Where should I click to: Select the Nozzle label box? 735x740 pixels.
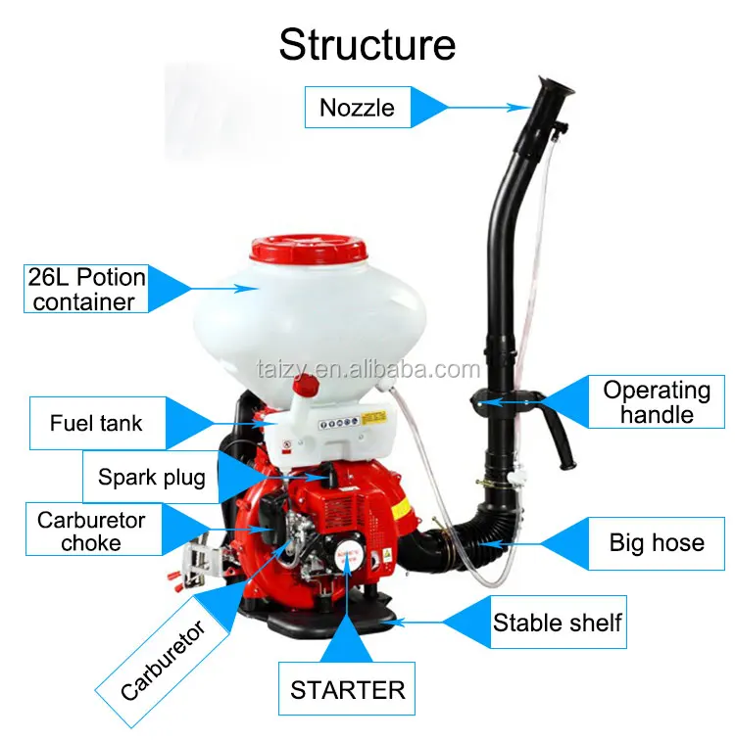point(357,107)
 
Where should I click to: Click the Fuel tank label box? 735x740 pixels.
point(96,424)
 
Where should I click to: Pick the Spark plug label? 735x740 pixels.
point(151,478)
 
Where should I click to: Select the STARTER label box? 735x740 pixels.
point(347,691)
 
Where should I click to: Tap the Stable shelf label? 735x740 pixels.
point(557,622)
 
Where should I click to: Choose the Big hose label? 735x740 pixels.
point(656,541)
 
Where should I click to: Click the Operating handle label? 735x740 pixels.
point(656,401)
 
